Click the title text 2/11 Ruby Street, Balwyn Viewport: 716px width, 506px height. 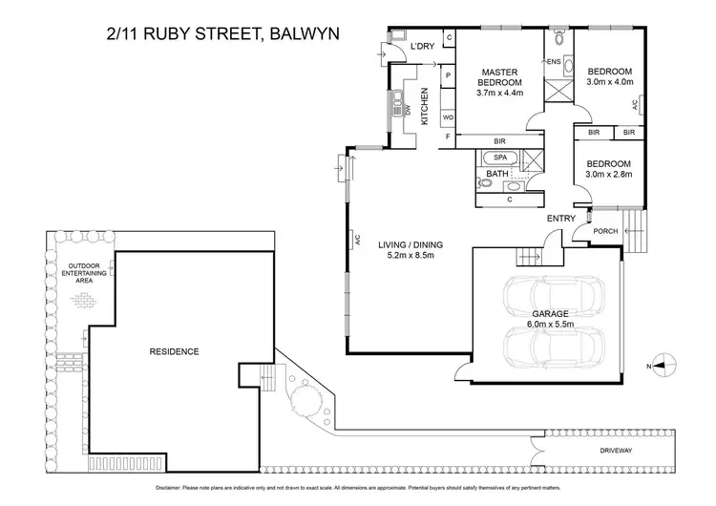point(221,37)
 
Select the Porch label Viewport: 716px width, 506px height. point(605,231)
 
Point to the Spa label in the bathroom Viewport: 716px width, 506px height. point(500,158)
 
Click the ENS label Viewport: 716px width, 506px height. point(553,63)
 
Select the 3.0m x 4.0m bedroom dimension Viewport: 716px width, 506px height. point(608,83)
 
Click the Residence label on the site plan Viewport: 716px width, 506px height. point(174,351)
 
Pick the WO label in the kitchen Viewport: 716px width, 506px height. point(447,117)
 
